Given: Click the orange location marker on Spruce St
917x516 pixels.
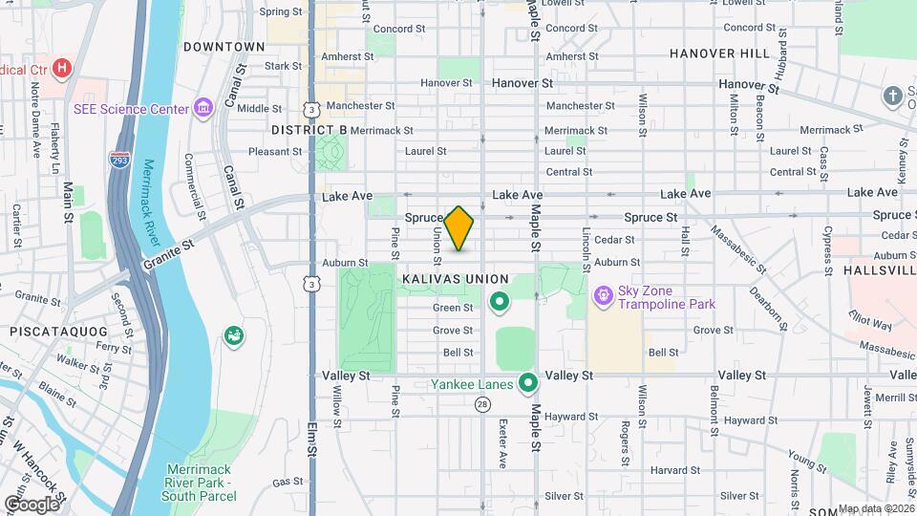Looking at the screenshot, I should pyautogui.click(x=459, y=227).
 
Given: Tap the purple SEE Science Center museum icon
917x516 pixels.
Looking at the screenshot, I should pyautogui.click(x=203, y=109).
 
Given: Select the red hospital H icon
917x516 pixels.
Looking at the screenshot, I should pyautogui.click(x=63, y=69).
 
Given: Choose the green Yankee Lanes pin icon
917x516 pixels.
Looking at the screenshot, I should pyautogui.click(x=527, y=384).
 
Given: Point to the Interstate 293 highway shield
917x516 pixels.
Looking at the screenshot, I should pyautogui.click(x=119, y=161).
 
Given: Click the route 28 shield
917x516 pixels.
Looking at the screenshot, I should pyautogui.click(x=483, y=404).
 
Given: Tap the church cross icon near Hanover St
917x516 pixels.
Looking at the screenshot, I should pyautogui.click(x=892, y=96).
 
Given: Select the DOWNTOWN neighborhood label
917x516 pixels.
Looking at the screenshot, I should pyautogui.click(x=224, y=47).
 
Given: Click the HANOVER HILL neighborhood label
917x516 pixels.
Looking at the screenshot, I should pyautogui.click(x=719, y=54).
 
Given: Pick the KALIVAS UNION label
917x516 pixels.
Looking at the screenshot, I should pyautogui.click(x=455, y=279).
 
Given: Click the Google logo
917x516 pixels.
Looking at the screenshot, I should pyautogui.click(x=32, y=504).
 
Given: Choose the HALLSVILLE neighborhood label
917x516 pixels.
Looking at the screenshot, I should pyautogui.click(x=879, y=271).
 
